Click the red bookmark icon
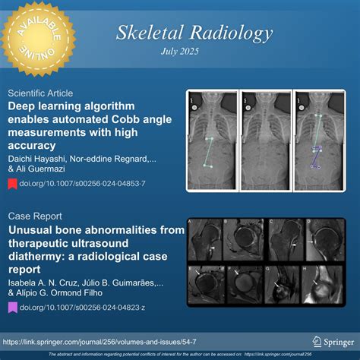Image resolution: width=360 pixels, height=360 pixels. point(13,183)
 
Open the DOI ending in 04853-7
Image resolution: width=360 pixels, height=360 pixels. point(82,183)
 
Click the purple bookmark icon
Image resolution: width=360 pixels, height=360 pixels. point(13,307)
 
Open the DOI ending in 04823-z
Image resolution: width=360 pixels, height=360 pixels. point(82,307)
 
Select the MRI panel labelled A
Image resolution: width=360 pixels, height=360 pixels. point(205,238)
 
